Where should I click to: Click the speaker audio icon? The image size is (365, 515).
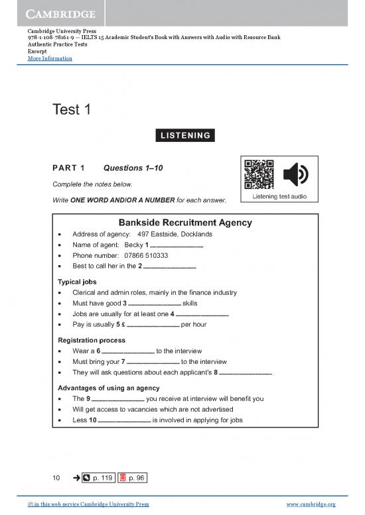(x=295, y=175)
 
